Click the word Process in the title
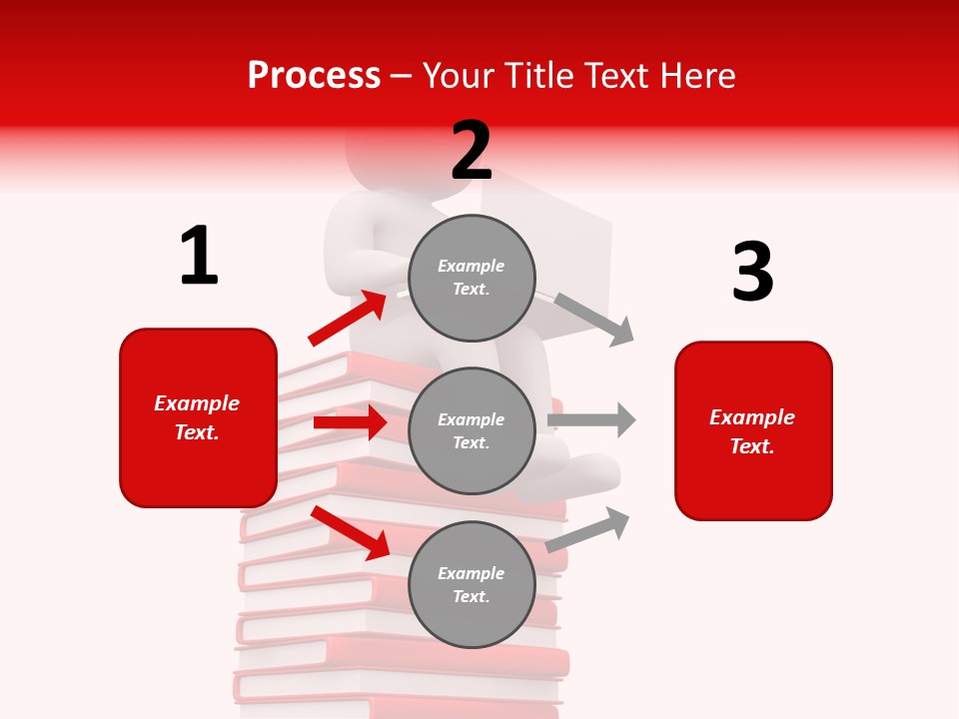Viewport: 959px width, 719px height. coord(314,76)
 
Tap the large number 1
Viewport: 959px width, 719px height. coord(199,256)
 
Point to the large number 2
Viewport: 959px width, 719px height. coord(472,151)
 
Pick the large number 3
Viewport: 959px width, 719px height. coord(752,272)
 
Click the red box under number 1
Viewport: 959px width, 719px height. coord(198,417)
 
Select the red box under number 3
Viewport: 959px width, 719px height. coord(753,431)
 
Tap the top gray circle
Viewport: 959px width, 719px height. coord(472,278)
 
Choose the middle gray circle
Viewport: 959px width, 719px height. coord(472,431)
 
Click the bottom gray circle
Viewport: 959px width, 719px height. coord(472,585)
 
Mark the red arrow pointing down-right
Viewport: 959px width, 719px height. coord(351,532)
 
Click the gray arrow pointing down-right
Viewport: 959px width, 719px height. coord(595,319)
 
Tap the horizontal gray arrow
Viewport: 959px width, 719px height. coord(591,419)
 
